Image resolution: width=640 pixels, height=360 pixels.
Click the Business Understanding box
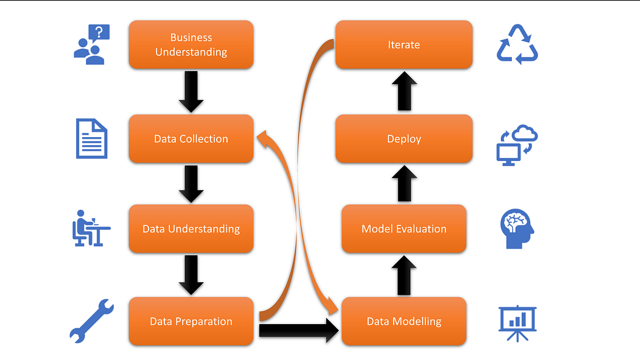pos(191,45)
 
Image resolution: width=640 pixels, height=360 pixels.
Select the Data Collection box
pos(191,139)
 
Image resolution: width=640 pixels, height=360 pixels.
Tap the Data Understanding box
pos(191,229)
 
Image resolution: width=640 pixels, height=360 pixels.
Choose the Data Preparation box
pos(191,321)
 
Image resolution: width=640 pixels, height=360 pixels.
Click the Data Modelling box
pos(404,321)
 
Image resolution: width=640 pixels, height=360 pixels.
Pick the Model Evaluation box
pos(404,229)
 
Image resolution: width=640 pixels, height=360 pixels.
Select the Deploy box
pos(404,139)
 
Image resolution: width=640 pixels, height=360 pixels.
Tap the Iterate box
pos(404,45)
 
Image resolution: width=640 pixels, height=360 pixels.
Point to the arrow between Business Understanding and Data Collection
pos(191,91)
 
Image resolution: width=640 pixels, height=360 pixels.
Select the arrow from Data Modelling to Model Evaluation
pos(404,275)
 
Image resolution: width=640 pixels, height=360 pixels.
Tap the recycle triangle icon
pos(517,44)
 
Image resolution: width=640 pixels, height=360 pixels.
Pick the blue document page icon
pos(92,139)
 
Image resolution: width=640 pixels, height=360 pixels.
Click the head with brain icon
pos(517,229)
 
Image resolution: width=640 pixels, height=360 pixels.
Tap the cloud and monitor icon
pos(517,145)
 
